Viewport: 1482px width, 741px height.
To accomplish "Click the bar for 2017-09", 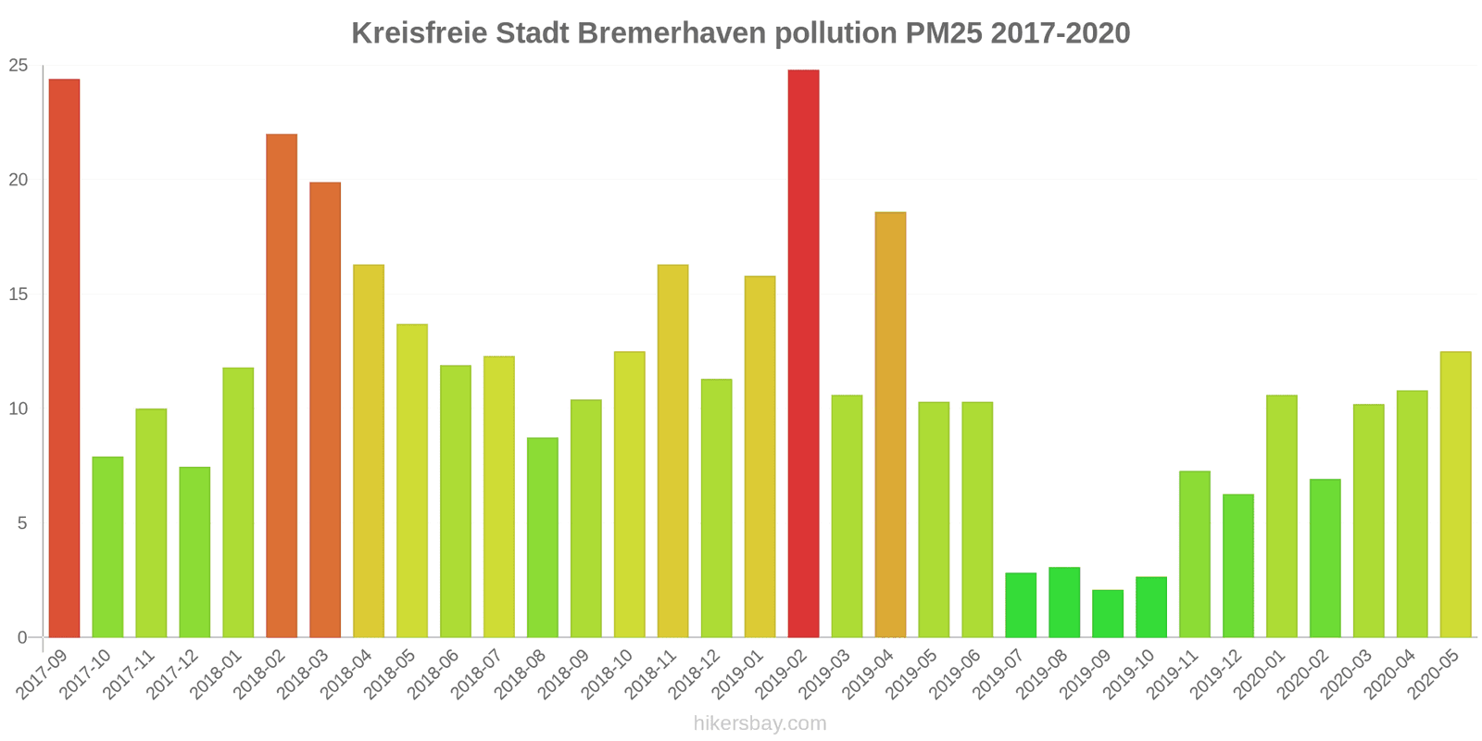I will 64,358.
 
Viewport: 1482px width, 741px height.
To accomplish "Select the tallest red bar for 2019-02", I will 803,354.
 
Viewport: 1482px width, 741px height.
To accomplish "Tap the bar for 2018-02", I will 282,385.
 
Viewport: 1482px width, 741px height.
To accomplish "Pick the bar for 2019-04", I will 890,424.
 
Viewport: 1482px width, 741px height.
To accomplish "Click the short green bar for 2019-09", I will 1108,613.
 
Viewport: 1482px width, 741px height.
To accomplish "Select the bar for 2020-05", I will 1455,495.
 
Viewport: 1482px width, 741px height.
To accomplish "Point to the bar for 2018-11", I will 672,451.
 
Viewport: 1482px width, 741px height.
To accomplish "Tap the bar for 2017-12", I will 195,552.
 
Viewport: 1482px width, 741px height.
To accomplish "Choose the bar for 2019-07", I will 1021,605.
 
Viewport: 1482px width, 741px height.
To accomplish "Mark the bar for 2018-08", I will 543,537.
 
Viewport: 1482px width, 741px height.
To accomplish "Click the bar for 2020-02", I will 1325,558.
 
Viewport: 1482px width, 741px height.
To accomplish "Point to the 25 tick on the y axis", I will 19,66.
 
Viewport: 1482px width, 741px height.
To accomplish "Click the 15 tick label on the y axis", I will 19,295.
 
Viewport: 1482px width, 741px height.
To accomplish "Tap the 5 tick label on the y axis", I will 23,523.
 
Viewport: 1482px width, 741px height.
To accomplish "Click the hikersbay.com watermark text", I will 760,723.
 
